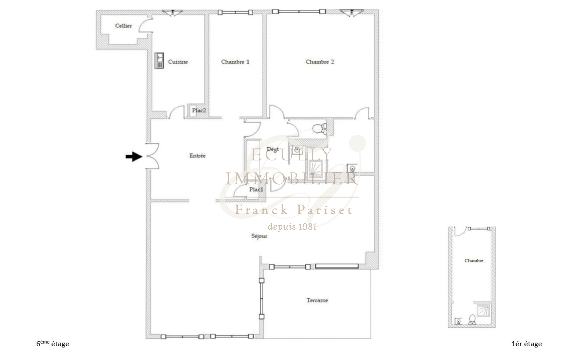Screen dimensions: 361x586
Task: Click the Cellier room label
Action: (123, 26)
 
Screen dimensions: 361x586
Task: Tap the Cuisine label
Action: (178, 62)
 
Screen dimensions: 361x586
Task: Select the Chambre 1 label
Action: (235, 62)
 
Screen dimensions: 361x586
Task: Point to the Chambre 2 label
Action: (320, 62)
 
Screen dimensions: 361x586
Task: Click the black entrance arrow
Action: (134, 156)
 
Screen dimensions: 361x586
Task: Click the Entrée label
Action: (197, 156)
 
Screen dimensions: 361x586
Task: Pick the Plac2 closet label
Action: (199, 110)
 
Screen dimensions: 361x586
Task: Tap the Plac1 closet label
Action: (256, 190)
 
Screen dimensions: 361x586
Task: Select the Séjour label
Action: (259, 236)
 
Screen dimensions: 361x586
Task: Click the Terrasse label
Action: (317, 300)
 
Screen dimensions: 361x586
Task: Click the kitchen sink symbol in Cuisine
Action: (159, 61)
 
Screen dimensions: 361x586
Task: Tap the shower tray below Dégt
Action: (315, 167)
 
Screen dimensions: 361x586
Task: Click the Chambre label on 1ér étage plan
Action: (474, 260)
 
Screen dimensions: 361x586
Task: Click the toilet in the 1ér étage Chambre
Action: (472, 319)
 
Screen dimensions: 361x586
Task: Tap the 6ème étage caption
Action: (52, 344)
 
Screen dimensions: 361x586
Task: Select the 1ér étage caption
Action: (527, 344)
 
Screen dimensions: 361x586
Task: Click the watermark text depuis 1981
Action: (292, 227)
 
